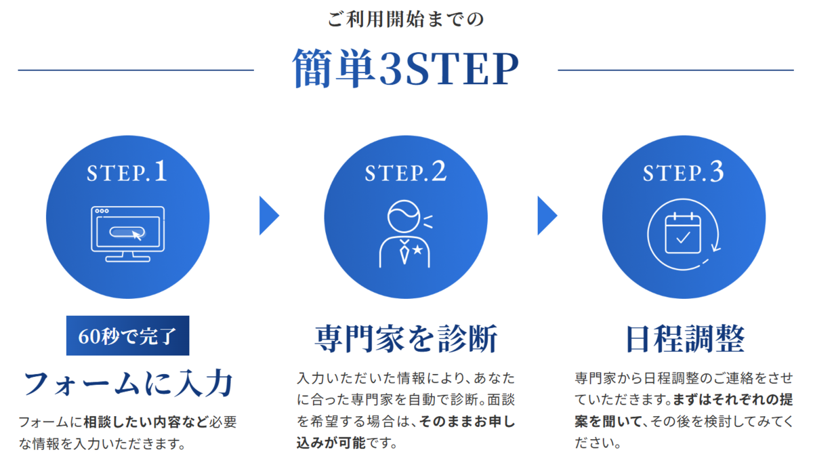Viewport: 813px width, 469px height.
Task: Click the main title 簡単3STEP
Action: (x=406, y=68)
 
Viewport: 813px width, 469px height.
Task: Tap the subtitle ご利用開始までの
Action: (x=406, y=19)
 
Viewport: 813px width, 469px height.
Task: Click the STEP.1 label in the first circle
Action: (x=127, y=171)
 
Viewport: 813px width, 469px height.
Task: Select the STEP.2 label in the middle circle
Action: (x=406, y=171)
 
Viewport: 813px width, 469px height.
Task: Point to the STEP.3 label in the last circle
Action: (x=684, y=171)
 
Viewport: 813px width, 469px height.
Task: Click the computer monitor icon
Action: (x=127, y=234)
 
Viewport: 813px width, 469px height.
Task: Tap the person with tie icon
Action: (x=406, y=234)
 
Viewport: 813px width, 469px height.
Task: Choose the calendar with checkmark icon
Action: (x=684, y=234)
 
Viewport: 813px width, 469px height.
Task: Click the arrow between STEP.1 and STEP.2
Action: (x=269, y=216)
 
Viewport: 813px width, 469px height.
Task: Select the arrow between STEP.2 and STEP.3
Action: (x=547, y=216)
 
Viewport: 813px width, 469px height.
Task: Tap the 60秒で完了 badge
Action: (x=128, y=335)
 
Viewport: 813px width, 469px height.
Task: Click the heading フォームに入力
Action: (x=128, y=384)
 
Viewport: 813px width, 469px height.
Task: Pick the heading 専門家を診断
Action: (x=406, y=339)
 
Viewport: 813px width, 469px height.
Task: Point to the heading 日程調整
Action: (x=685, y=339)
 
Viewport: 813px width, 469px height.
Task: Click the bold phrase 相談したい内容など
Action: (x=146, y=422)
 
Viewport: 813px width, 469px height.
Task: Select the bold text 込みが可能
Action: (x=331, y=443)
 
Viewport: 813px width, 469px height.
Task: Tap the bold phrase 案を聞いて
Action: (x=608, y=422)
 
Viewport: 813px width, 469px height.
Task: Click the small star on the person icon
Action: (x=418, y=249)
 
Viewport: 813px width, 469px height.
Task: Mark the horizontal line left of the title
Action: (x=135, y=70)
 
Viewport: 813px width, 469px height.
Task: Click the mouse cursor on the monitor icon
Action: (x=137, y=236)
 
